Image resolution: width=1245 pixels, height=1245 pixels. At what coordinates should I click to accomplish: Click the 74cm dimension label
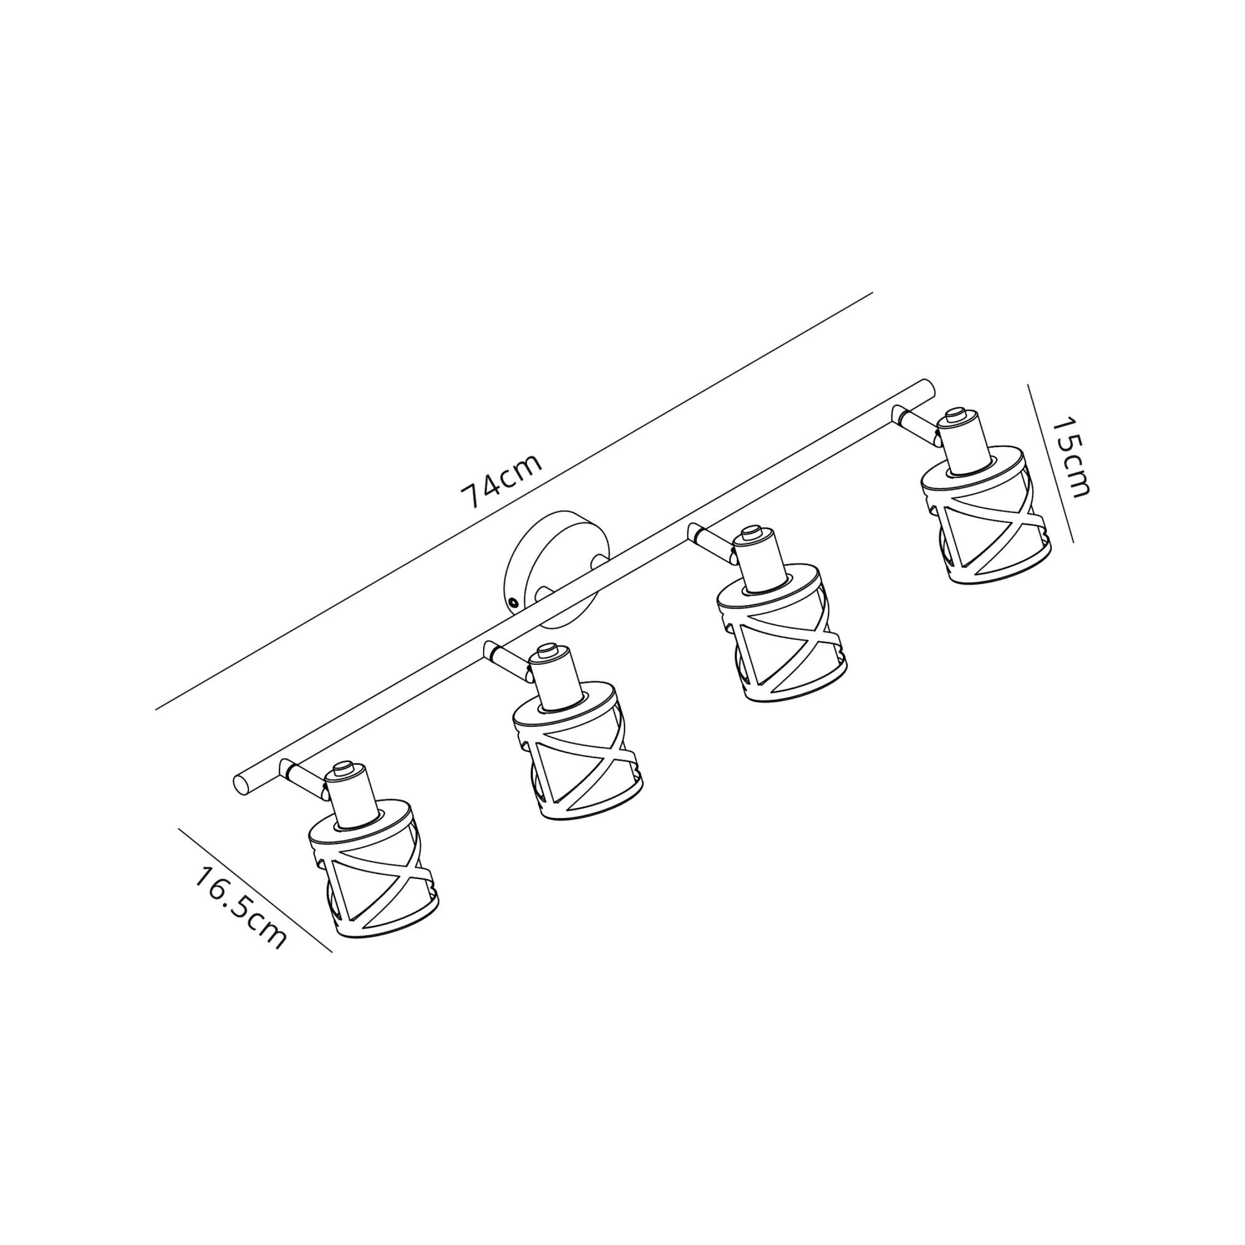501,481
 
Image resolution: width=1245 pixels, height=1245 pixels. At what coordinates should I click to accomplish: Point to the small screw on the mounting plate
514,602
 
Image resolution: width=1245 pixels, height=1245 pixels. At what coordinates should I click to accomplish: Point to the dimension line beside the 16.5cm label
255,890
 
